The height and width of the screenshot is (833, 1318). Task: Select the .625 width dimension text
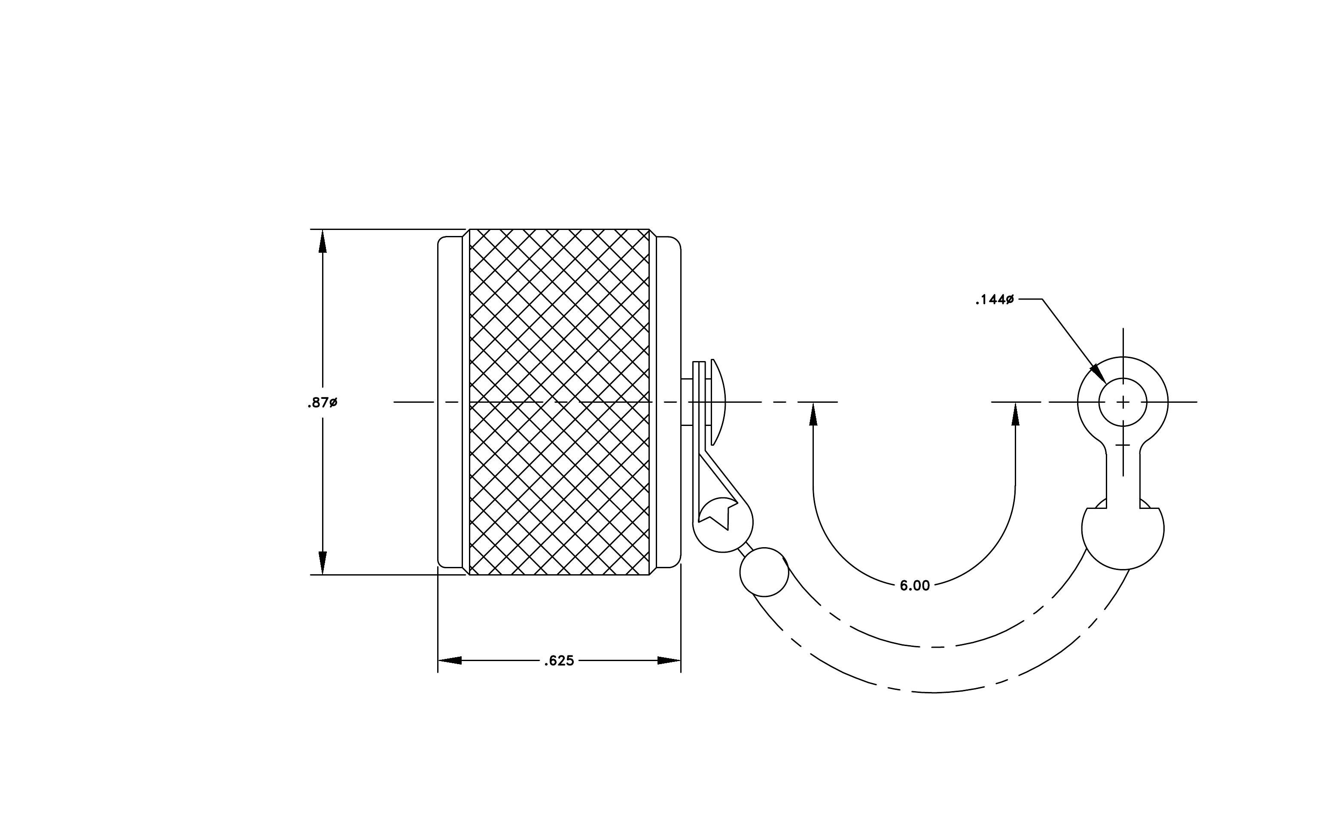pyautogui.click(x=559, y=661)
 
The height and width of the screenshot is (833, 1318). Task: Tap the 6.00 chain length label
pyautogui.click(x=915, y=586)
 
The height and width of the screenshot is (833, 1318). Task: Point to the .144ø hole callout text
pyautogui.click(x=995, y=300)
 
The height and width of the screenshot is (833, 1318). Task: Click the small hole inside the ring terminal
pyautogui.click(x=1123, y=402)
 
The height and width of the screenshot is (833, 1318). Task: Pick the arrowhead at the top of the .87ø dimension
pyautogui.click(x=323, y=241)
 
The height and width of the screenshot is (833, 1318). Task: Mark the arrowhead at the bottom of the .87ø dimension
pyautogui.click(x=323, y=563)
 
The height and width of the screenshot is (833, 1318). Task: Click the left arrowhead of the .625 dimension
pyautogui.click(x=450, y=661)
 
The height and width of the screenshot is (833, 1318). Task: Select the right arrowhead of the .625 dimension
pyautogui.click(x=669, y=661)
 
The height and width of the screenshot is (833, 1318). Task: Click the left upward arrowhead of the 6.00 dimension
pyautogui.click(x=813, y=414)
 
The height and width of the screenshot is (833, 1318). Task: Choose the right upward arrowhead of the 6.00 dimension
pyautogui.click(x=1015, y=414)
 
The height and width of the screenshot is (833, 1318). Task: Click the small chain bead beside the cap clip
pyautogui.click(x=764, y=572)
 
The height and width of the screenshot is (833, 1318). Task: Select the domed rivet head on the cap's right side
pyautogui.click(x=718, y=402)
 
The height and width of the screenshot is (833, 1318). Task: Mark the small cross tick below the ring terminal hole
pyautogui.click(x=1123, y=445)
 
